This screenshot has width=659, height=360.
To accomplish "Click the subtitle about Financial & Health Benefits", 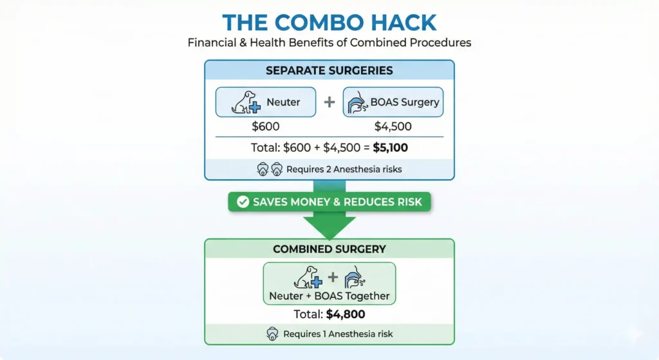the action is pos(329,43).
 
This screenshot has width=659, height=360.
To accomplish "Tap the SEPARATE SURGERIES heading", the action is pos(329,70).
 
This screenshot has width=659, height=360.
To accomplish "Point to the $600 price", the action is pos(265,126).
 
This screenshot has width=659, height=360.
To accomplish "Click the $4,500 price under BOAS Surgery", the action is pos(393,126).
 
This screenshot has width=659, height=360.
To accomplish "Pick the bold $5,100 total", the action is pos(390,147).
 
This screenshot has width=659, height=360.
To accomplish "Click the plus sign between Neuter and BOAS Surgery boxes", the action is pos(329,102).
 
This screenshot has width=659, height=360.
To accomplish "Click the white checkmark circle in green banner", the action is pos(243,202).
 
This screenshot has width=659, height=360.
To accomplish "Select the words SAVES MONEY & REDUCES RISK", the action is pos(337,202).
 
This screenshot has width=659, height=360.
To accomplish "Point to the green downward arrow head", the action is pos(329,225).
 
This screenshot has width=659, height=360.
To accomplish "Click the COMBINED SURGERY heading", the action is pos(329,249).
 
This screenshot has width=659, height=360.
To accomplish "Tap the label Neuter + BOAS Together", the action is pos(329,296).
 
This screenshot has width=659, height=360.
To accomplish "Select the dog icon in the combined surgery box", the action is pos(306,278).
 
